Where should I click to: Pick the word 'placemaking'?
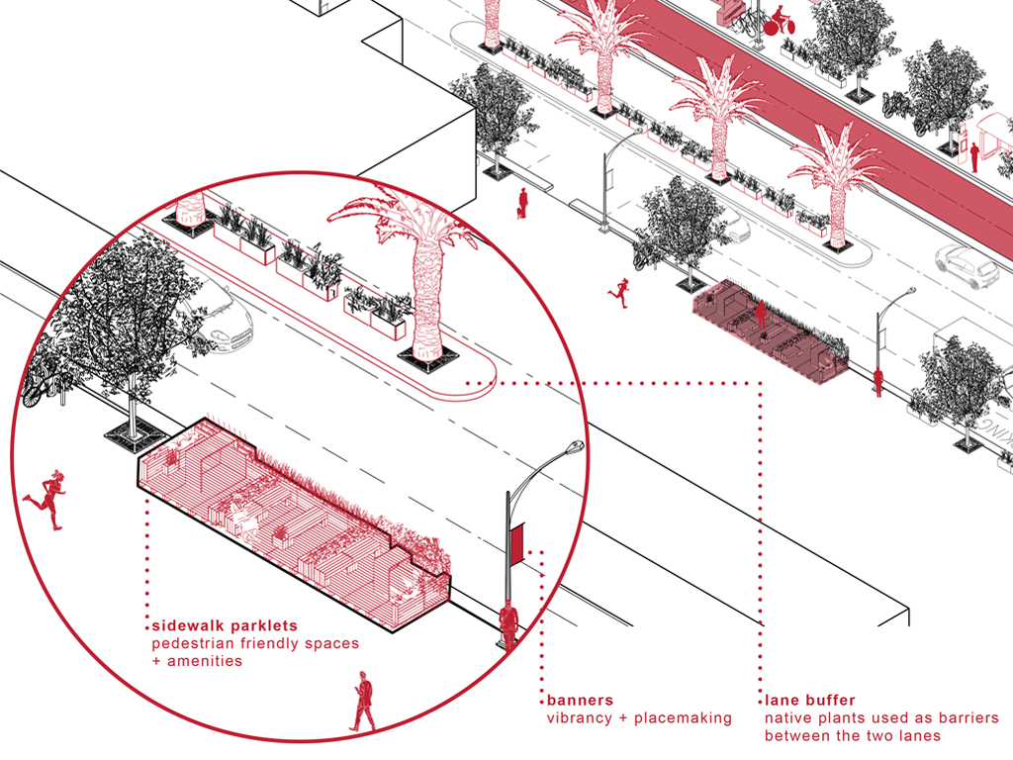click(x=683, y=718)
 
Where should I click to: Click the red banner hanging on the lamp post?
click(x=516, y=543)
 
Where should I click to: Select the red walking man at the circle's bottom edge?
click(x=363, y=701)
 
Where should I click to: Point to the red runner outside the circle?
click(x=621, y=292)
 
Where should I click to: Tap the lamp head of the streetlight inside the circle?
click(x=572, y=448)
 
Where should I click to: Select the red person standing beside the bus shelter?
click(x=974, y=157)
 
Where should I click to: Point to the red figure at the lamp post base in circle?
click(x=508, y=622)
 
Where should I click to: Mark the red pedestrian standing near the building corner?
click(x=522, y=203)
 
